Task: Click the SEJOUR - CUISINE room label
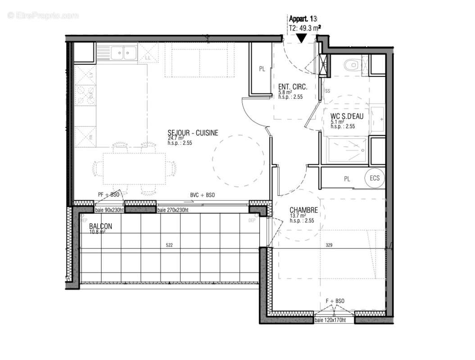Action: coord(193,133)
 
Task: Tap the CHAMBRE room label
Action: coord(304,210)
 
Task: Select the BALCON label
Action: coord(100,226)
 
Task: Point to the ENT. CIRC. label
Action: coord(293,87)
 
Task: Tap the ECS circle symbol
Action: coord(375,178)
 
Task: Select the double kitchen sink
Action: coord(123,54)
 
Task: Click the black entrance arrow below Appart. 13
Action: coord(300,38)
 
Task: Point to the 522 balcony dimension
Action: coord(169,245)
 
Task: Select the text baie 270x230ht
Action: coord(172,210)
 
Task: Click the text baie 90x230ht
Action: coord(109,210)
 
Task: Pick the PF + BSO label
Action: coord(109,194)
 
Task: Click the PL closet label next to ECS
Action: coord(347,179)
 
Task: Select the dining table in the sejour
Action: coord(134,168)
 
